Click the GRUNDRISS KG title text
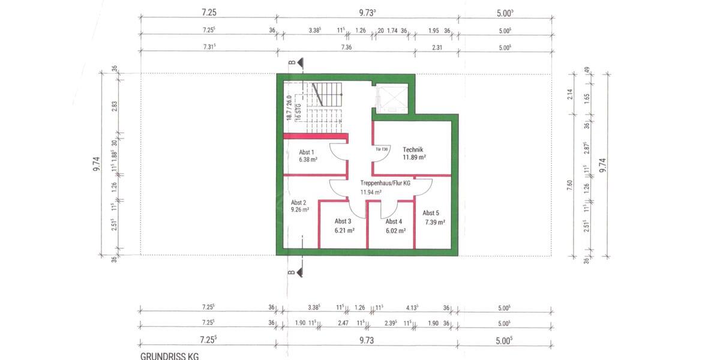tap(169, 356)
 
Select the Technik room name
tap(413, 149)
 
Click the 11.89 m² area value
tap(414, 157)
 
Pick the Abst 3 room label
tap(343, 221)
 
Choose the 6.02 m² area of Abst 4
tap(395, 230)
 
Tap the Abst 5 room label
tap(431, 213)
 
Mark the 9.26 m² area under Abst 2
tap(300, 210)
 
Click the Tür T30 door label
tap(383, 148)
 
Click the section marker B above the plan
tap(293, 62)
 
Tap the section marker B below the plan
tap(293, 272)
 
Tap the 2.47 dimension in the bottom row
tap(343, 323)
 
